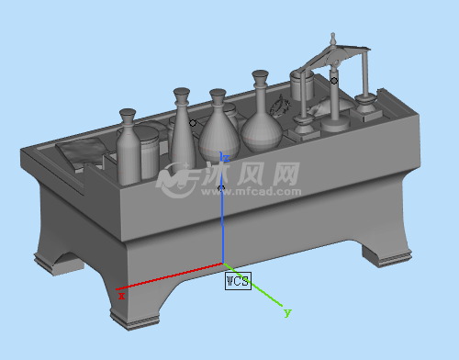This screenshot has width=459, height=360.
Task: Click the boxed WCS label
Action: pyautogui.click(x=238, y=281)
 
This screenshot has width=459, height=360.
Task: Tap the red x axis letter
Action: pyautogui.click(x=122, y=296)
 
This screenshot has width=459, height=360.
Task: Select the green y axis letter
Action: pyautogui.click(x=287, y=312)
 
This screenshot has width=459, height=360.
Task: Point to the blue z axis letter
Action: pyautogui.click(x=227, y=158)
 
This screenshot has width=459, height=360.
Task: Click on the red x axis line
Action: pyautogui.click(x=170, y=276)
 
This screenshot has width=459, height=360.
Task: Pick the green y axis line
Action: pyautogui.click(x=252, y=285)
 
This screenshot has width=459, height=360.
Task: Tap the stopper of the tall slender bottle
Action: pyautogui.click(x=182, y=95)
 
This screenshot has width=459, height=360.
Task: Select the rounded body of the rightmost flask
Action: pyautogui.click(x=262, y=135)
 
